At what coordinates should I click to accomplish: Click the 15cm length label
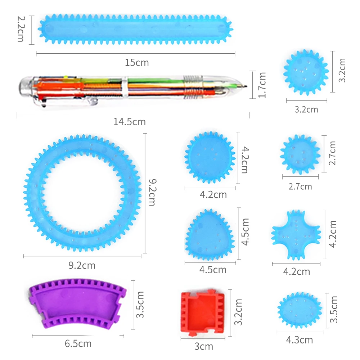coord(137,62)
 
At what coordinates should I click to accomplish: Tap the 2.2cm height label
coord(21,29)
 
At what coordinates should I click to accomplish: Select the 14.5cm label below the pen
coord(130,122)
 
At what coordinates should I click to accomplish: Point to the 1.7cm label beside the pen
coord(262,85)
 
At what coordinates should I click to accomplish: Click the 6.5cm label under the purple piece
coord(78,344)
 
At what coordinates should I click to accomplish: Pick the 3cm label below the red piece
coord(204,346)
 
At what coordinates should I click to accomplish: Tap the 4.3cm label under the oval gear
coord(300,340)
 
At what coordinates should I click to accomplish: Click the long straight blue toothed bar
coord(135,30)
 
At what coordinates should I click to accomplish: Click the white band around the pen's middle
coord(125,87)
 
